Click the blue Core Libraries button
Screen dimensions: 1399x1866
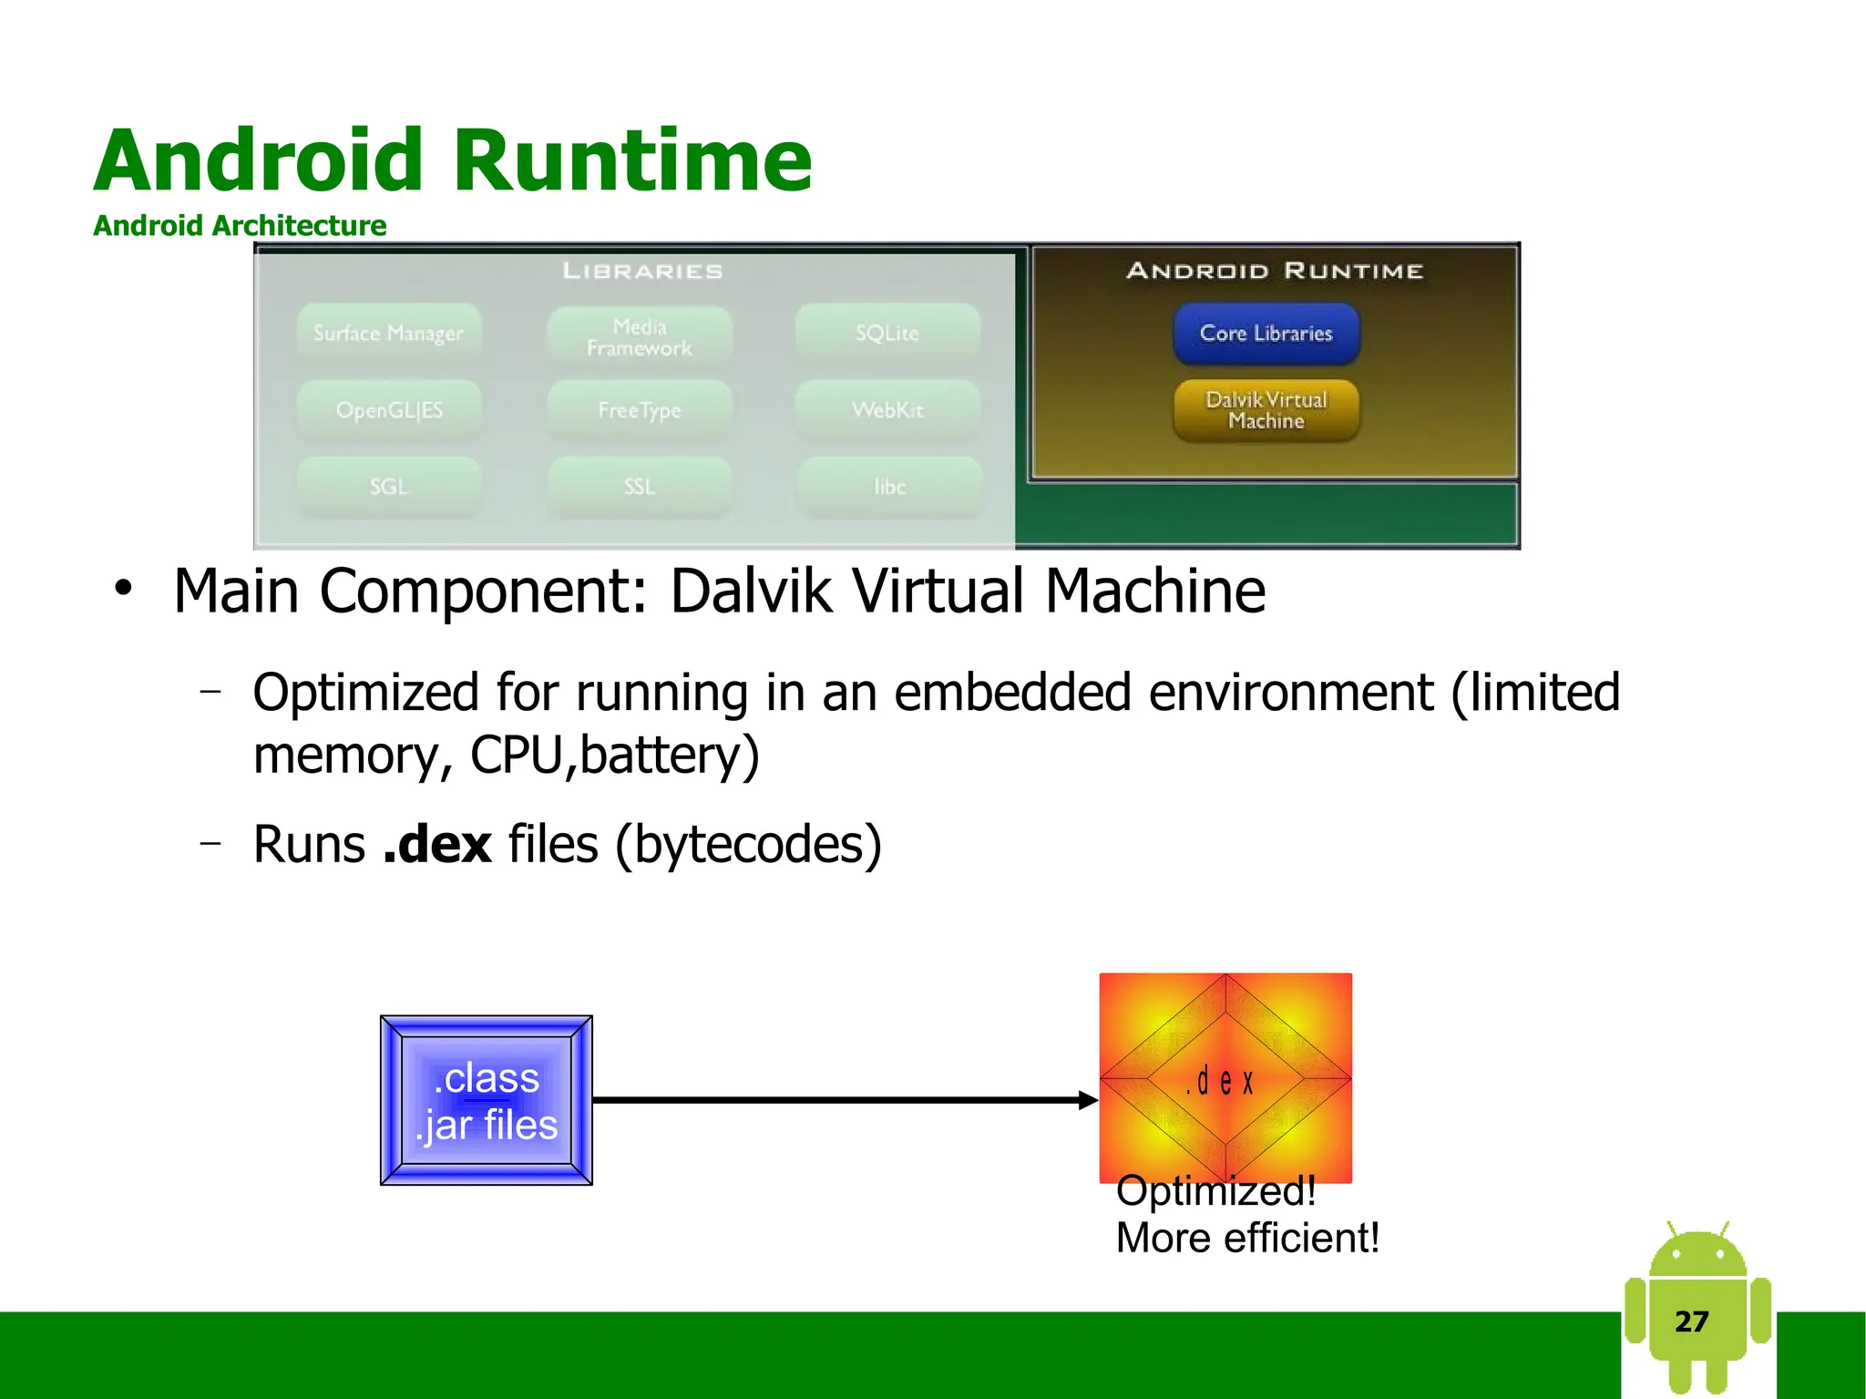[1266, 334]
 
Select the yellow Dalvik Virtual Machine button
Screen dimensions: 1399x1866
[1266, 410]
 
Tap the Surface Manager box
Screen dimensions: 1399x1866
[388, 334]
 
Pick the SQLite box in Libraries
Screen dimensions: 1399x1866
[887, 334]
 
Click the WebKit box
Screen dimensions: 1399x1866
[887, 410]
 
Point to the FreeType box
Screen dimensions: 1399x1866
[639, 410]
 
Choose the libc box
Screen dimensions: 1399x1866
[889, 487]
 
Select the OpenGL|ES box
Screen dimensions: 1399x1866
[388, 410]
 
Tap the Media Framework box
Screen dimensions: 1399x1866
[639, 337]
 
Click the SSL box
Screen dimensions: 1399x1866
[639, 487]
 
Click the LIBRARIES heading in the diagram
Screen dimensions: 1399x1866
[642, 271]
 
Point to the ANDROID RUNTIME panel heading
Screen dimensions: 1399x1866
[1274, 271]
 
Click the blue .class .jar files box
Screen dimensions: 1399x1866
[486, 1100]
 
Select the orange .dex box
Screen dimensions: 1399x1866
[1225, 1078]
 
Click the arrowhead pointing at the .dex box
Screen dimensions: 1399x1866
[1088, 1100]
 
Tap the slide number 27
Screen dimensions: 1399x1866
[1691, 1321]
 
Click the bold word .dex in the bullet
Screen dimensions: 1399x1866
[437, 844]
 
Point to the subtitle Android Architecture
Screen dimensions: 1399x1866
[240, 225]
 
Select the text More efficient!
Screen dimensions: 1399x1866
[1246, 1238]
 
